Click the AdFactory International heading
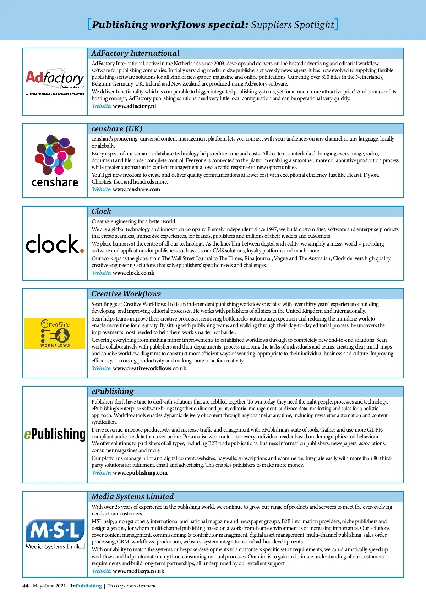pyautogui.click(x=135, y=53)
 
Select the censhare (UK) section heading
pyautogui.click(x=117, y=129)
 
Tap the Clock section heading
pyautogui.click(x=101, y=212)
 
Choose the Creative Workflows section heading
pyautogui.click(x=126, y=294)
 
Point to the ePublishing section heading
pyautogui.click(x=113, y=392)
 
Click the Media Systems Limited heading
pyautogui.click(x=132, y=497)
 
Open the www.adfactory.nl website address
pyautogui.click(x=134, y=106)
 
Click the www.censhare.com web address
pyautogui.click(x=136, y=190)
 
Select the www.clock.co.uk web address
pyautogui.click(x=133, y=273)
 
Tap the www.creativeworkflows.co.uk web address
pyautogui.click(x=149, y=368)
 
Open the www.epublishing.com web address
pyautogui.click(x=140, y=473)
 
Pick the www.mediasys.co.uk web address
pyautogui.click(x=138, y=571)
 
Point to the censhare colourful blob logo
pyautogui.click(x=55, y=154)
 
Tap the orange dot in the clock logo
pyautogui.click(x=82, y=251)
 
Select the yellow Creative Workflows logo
pyautogui.click(x=55, y=333)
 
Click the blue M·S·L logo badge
pyautogui.click(x=55, y=531)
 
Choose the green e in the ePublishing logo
pyautogui.click(x=28, y=435)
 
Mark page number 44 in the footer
pyautogui.click(x=25, y=586)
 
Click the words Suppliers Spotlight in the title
pyautogui.click(x=293, y=25)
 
